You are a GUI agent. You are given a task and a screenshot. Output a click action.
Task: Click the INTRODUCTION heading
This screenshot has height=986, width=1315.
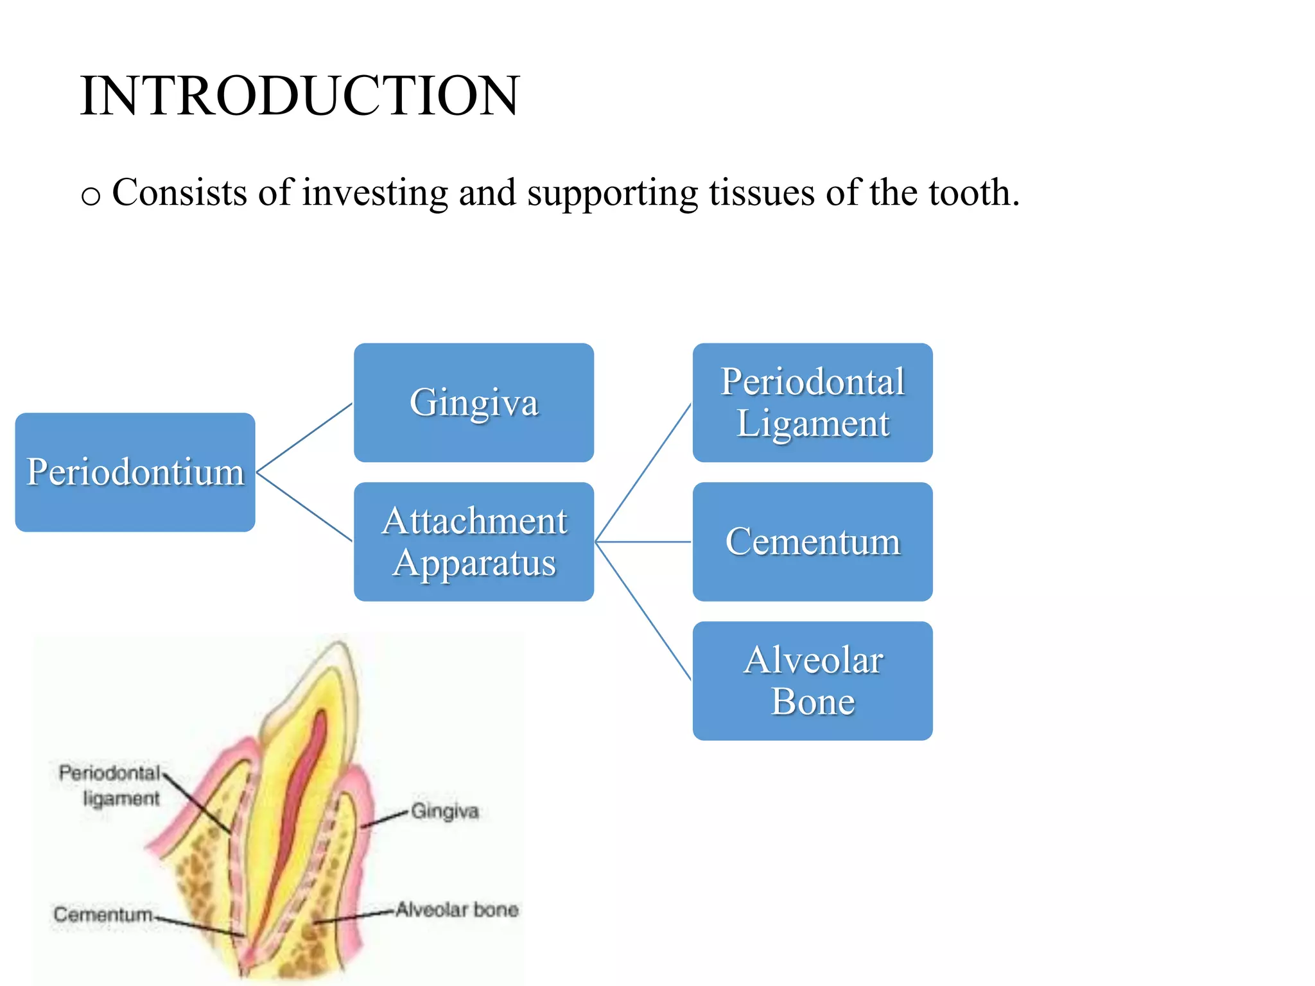[299, 96]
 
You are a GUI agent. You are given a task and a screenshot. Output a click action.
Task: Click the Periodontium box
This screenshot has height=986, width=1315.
[135, 472]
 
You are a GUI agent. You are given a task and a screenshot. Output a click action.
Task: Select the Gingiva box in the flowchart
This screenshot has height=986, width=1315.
[474, 402]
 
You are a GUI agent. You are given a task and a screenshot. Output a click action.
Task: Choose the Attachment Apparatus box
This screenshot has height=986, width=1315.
[474, 541]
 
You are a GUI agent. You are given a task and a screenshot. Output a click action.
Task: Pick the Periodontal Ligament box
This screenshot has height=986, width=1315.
[812, 402]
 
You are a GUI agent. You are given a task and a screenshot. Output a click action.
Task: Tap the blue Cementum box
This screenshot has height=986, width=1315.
[812, 541]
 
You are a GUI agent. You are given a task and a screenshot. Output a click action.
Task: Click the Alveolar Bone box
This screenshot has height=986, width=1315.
[812, 680]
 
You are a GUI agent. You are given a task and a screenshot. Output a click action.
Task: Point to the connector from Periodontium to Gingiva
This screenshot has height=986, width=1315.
[304, 438]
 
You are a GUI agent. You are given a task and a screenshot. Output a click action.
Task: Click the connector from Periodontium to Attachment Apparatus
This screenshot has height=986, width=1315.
[304, 507]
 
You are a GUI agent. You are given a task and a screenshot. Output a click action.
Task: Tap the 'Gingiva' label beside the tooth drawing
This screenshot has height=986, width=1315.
[445, 811]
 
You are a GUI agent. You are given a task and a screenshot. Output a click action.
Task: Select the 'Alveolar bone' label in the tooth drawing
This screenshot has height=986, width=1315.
[457, 910]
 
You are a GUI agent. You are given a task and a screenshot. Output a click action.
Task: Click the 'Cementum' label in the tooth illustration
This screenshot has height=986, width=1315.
[103, 913]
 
